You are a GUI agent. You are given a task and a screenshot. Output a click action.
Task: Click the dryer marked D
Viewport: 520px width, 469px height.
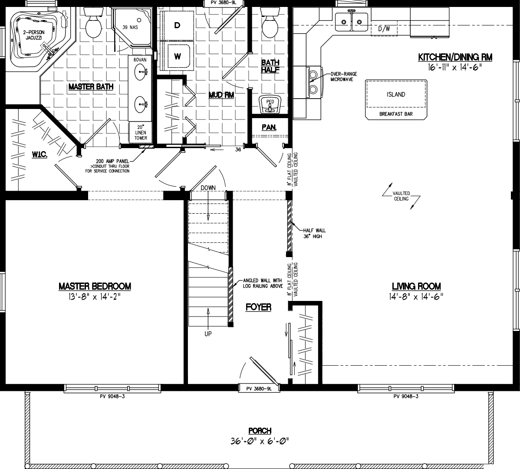click(177, 26)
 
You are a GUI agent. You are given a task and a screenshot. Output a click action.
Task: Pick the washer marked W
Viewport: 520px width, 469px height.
click(178, 56)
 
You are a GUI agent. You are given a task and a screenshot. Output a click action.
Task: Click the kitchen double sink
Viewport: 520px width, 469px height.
click(351, 20)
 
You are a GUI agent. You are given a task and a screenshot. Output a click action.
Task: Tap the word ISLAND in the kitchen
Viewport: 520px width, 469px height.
click(395, 94)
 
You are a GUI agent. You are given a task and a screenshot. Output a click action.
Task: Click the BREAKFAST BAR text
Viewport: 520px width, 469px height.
click(395, 114)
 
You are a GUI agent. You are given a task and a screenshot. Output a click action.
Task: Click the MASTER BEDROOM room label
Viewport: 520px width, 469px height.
click(95, 286)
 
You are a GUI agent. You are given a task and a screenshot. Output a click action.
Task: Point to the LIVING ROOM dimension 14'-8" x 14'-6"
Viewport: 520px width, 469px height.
click(416, 297)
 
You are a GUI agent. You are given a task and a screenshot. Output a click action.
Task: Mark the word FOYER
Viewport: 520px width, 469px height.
click(258, 307)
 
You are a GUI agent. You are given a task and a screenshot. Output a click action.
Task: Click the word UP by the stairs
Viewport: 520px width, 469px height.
click(208, 334)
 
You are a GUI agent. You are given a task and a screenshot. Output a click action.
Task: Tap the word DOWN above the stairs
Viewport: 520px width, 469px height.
click(208, 188)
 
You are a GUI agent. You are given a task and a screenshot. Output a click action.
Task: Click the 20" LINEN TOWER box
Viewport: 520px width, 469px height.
click(140, 132)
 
